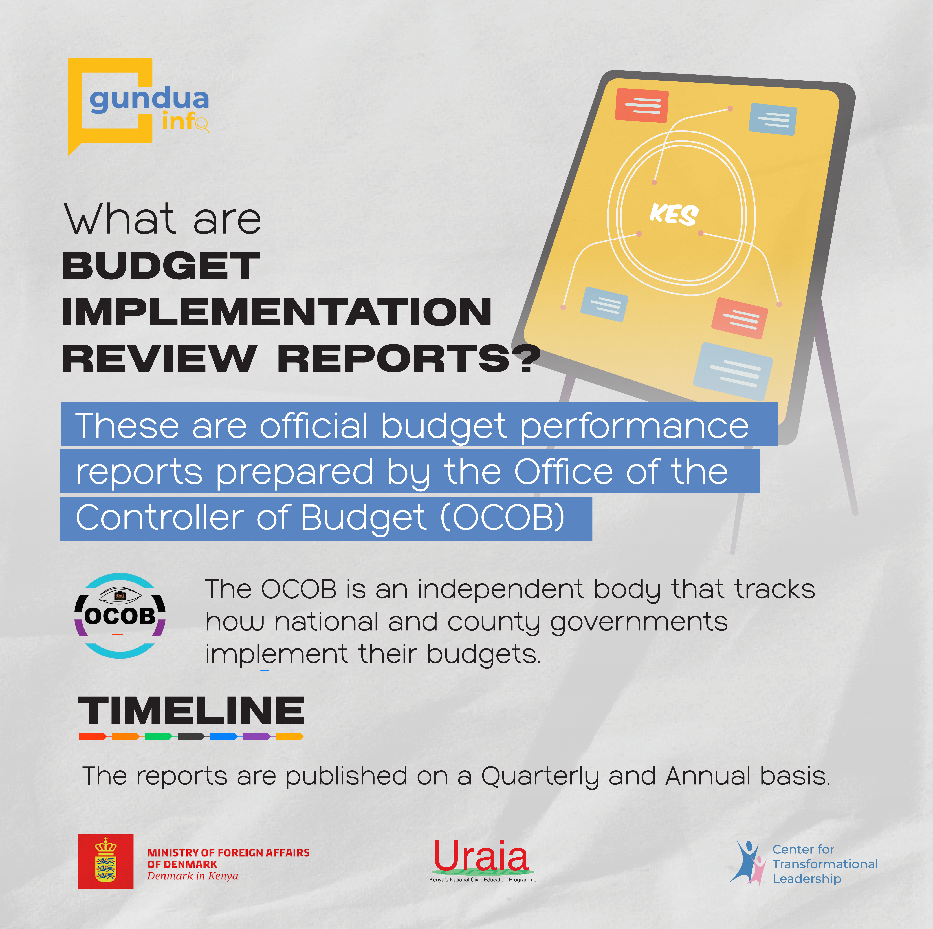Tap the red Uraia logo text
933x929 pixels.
tap(481, 856)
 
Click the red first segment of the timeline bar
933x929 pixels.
tap(93, 736)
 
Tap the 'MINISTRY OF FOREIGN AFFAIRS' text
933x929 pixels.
tap(228, 853)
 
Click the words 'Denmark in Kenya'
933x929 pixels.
tap(193, 876)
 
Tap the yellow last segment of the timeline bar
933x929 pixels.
tap(289, 736)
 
